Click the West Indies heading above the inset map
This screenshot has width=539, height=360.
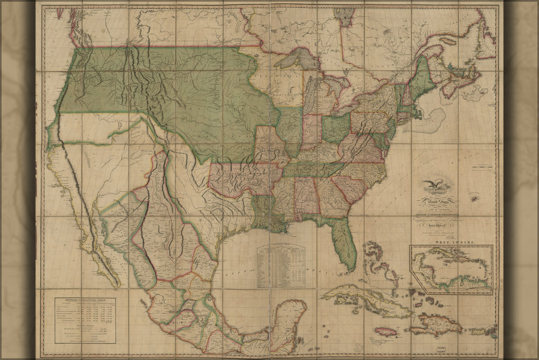point(451,241)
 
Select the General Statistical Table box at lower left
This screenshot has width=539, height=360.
point(85,320)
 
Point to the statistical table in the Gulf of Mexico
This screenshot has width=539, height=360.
point(281,265)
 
